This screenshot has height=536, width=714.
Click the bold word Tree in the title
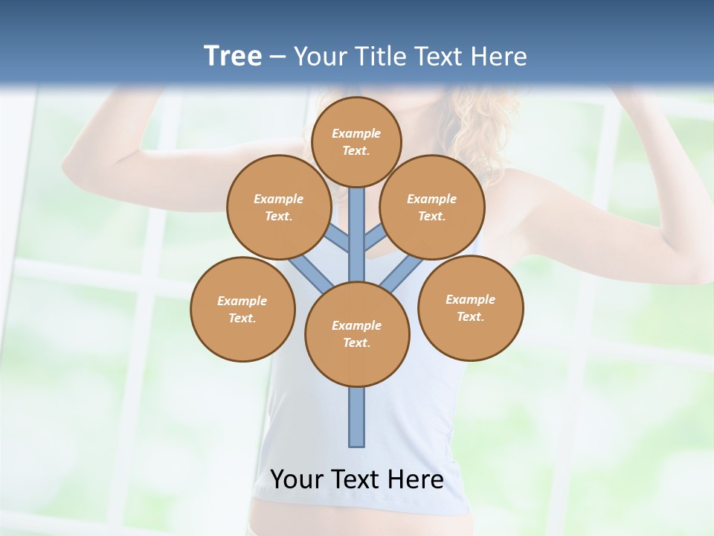[x=233, y=56]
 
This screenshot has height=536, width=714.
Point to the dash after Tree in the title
[x=278, y=57]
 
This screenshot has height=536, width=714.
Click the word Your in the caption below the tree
[x=297, y=479]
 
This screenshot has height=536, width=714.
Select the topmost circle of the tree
[x=356, y=141]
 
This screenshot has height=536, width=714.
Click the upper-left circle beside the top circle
[x=279, y=207]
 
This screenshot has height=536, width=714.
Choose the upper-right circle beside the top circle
[x=432, y=207]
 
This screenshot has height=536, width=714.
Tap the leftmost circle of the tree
[x=242, y=309]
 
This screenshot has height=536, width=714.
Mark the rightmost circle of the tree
[x=471, y=307]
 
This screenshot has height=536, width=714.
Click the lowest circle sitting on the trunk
[x=357, y=334]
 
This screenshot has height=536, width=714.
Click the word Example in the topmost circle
[x=356, y=133]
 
